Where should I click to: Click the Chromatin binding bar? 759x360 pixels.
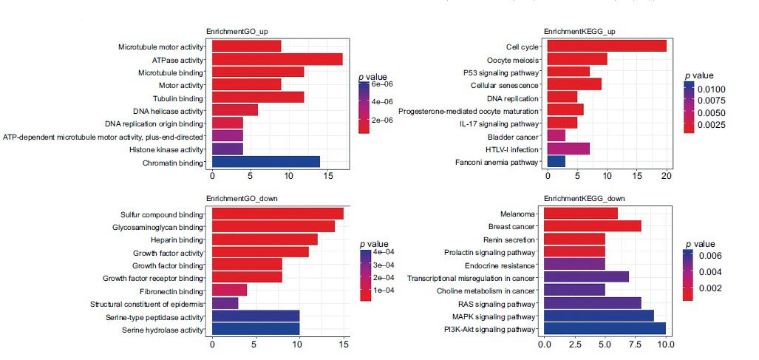pos(266,162)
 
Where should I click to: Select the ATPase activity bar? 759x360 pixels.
pos(277,59)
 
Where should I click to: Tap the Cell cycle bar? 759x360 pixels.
pos(607,46)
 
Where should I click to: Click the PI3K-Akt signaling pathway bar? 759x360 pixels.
pos(605,328)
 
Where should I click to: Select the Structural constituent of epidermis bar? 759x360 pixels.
pos(225,303)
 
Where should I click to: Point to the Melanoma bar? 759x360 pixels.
pos(581,213)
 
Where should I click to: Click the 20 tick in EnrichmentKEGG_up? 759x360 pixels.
pos(667,177)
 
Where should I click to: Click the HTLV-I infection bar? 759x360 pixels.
pos(568,149)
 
